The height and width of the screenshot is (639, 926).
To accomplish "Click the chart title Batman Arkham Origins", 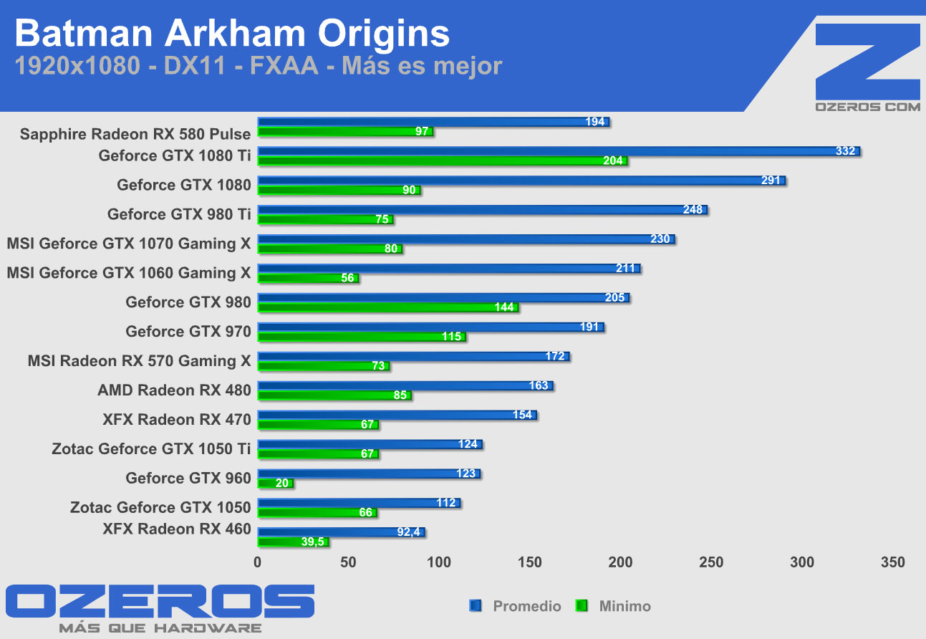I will click(x=232, y=34).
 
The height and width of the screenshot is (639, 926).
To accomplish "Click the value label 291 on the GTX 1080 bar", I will click(x=771, y=181).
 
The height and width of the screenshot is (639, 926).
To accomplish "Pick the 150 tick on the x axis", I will click(x=531, y=562).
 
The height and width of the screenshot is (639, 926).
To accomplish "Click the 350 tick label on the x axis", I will click(x=892, y=562).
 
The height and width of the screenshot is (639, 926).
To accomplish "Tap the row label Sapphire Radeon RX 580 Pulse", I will click(x=135, y=134).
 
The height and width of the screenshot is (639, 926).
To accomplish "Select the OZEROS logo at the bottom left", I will click(x=160, y=600).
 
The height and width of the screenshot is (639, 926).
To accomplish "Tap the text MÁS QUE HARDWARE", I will click(x=160, y=628).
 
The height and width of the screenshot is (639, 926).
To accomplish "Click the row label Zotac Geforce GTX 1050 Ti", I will click(x=151, y=449).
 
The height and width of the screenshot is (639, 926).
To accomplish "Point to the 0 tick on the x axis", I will click(x=258, y=562).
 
